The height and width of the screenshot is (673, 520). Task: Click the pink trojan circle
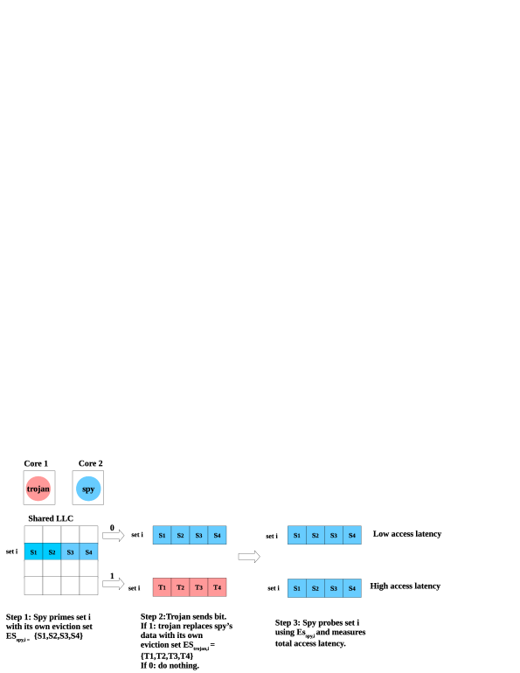point(38,489)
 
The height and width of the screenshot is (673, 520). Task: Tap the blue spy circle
point(88,489)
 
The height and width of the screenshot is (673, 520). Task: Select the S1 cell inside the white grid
point(33,552)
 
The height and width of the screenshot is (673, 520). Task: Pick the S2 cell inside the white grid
point(52,552)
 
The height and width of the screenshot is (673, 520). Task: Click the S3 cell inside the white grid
point(70,552)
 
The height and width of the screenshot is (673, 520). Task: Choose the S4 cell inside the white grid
point(88,552)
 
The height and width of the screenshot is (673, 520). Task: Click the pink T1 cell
point(163,587)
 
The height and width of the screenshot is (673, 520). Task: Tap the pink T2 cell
point(181,587)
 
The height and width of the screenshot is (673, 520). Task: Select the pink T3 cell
point(199,587)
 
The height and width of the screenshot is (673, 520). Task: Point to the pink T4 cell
point(218,587)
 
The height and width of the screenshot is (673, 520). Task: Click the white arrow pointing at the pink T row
point(114,584)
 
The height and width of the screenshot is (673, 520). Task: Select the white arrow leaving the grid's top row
point(114,535)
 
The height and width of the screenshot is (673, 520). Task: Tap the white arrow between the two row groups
point(249,557)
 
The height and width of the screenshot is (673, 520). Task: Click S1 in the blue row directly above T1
point(163,535)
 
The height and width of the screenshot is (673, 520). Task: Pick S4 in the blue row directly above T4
point(218,535)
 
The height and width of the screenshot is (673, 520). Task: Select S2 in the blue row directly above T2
point(181,535)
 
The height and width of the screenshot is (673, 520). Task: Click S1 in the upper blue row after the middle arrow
point(297,535)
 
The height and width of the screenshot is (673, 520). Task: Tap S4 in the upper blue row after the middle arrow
point(352,535)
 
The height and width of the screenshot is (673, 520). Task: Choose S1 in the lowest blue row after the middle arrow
point(297,588)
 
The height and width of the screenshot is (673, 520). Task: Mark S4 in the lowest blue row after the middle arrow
point(352,588)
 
